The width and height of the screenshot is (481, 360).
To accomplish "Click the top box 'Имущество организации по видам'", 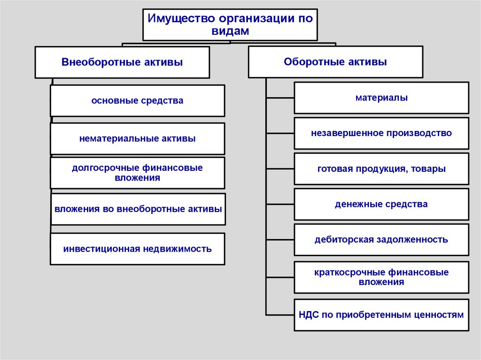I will pos(230,24).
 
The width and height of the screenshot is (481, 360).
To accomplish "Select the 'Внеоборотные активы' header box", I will pos(122,62).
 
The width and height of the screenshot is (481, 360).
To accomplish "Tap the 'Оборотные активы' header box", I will pos(335,61).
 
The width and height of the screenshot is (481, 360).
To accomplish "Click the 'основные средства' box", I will pos(137,100).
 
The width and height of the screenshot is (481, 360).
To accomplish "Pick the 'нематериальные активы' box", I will pos(137,138).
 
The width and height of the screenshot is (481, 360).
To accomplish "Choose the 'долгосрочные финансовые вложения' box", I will pos(137,173).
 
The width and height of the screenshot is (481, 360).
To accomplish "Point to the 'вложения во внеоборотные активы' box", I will pos(138,209).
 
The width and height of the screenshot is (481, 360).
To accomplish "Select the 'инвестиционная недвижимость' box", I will pos(137,249).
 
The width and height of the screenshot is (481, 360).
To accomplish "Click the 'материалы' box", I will pos(381,98).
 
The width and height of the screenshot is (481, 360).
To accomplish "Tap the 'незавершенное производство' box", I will pos(381,133).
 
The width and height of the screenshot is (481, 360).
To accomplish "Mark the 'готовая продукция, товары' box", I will pos(381,169).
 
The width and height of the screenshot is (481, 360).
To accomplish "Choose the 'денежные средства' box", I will pos(381,204).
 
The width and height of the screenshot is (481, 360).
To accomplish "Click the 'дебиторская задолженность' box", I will pos(381,240).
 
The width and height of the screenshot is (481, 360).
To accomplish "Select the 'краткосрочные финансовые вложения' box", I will pos(381,277).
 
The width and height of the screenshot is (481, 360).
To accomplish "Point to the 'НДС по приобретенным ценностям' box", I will pos(381,314).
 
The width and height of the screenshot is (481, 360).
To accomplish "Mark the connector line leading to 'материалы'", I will pos(280,98).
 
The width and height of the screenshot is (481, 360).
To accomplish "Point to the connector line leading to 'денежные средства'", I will pos(280,204).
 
